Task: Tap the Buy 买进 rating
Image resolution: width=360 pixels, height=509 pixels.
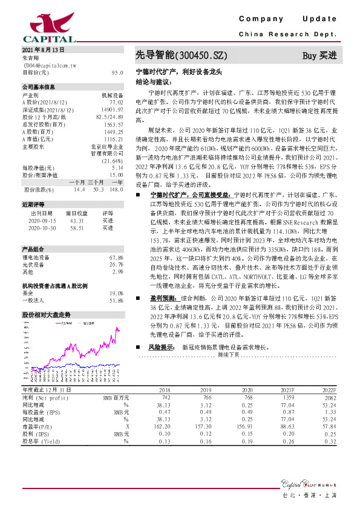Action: [319, 55]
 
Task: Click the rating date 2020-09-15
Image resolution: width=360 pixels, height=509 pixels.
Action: [41, 221]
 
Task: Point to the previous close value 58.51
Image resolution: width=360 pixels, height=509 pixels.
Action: [77, 228]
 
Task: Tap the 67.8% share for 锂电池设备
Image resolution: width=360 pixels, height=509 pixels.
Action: [116, 258]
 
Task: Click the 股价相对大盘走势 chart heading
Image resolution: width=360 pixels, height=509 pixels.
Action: [46, 315]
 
